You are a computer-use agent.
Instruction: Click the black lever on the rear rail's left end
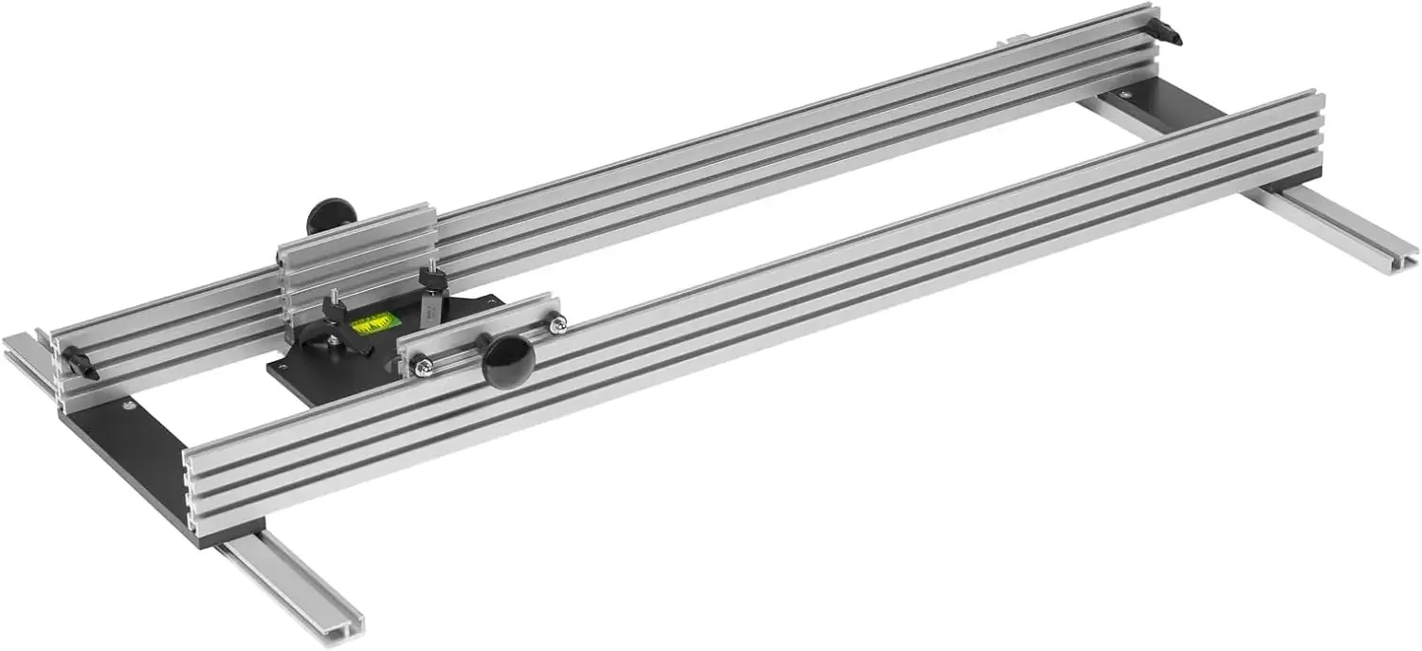(82, 364)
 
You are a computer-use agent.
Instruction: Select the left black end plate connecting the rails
(133, 455)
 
